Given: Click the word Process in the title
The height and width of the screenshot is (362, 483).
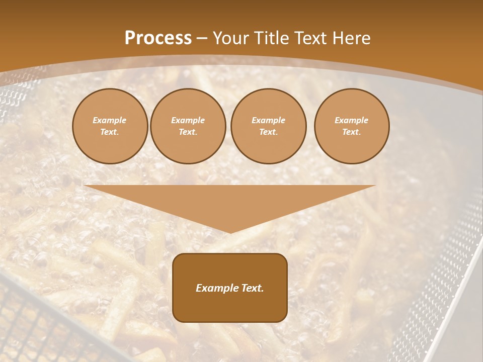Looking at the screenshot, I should [x=158, y=38].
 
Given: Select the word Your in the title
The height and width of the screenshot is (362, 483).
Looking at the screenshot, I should [x=231, y=38].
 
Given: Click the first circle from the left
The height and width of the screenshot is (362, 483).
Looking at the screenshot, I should [x=110, y=126].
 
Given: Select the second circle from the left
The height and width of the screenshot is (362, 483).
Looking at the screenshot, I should [x=188, y=126].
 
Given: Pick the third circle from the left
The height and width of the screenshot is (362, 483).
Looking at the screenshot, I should [x=268, y=126].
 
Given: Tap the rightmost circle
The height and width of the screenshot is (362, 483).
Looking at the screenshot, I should [x=351, y=126].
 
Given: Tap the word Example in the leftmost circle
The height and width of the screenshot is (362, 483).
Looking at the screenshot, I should [x=110, y=120].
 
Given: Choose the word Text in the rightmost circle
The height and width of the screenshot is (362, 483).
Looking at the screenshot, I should [x=351, y=132].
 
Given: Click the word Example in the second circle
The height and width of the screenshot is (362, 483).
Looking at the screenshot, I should [x=188, y=120].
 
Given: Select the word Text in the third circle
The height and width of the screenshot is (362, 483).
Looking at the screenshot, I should [x=268, y=132].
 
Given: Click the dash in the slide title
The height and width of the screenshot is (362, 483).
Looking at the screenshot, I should [x=202, y=38].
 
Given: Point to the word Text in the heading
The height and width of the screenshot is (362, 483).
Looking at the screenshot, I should [x=309, y=38].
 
